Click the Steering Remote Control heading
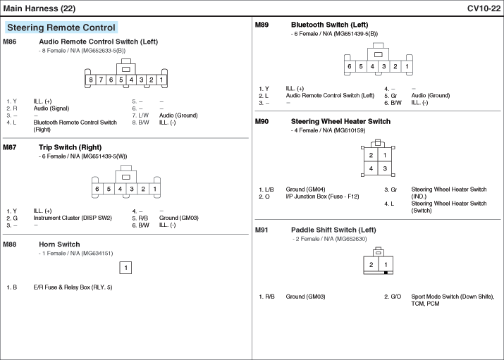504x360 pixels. click(x=61, y=27)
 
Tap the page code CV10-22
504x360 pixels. click(x=484, y=8)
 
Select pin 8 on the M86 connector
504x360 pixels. click(x=91, y=80)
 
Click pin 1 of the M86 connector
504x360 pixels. click(x=161, y=80)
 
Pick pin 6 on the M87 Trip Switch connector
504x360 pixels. click(x=97, y=189)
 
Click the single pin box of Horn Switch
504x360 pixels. click(x=125, y=268)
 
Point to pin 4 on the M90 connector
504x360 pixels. click(x=371, y=168)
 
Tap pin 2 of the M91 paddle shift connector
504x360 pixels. click(x=371, y=265)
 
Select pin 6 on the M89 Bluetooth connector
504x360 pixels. click(x=350, y=66)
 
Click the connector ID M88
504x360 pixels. click(x=10, y=244)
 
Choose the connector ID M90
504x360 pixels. click(x=262, y=121)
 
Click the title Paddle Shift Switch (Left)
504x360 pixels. click(x=333, y=230)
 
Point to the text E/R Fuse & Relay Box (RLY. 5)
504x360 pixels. click(x=73, y=287)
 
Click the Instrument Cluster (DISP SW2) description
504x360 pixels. click(x=73, y=218)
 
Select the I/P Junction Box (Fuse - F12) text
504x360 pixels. click(x=322, y=197)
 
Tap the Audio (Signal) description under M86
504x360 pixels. click(x=51, y=108)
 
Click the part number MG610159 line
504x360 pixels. click(x=328, y=130)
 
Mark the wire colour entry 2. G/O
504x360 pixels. click(x=393, y=297)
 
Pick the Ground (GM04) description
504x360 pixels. click(x=305, y=189)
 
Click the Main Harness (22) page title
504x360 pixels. click(x=39, y=8)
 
